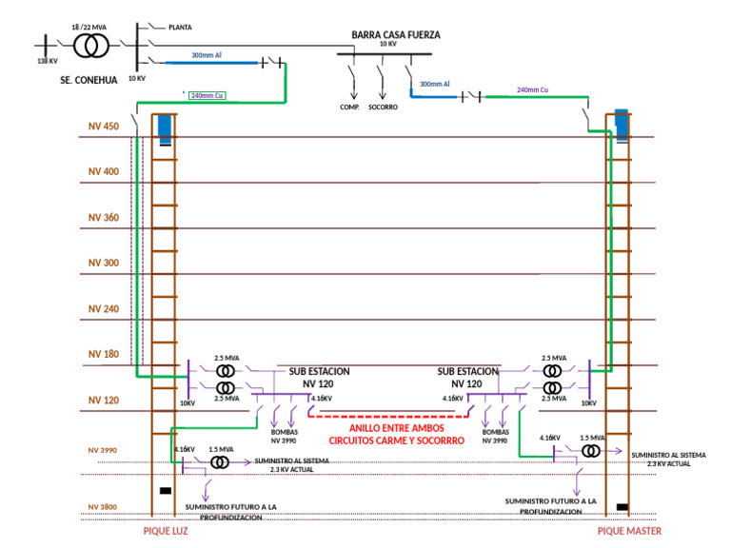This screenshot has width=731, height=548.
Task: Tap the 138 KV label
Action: pos(48,61)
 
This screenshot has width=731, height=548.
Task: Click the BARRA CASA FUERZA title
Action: pos(396,35)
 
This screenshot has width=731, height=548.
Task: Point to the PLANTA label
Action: pos(180,28)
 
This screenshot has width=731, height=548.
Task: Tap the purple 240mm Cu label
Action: pos(533,89)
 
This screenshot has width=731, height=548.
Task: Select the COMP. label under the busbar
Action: pos(349,107)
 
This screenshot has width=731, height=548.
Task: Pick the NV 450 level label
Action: pos(104,127)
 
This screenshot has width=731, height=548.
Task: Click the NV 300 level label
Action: pos(104,263)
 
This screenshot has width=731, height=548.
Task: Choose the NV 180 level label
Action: pos(104,354)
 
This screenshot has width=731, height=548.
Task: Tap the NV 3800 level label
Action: pos(103,507)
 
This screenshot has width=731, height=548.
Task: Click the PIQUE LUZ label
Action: pos(166,531)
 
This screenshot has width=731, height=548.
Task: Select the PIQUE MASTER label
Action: pos(629,531)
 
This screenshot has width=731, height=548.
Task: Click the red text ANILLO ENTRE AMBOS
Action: pos(396,428)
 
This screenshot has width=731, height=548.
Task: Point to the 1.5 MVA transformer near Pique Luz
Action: pos(220,461)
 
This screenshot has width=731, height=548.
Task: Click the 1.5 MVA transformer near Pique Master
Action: pos(592,450)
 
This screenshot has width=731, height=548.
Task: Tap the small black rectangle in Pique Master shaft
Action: pos(622,506)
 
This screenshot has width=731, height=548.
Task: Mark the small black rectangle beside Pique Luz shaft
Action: pos(166,491)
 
